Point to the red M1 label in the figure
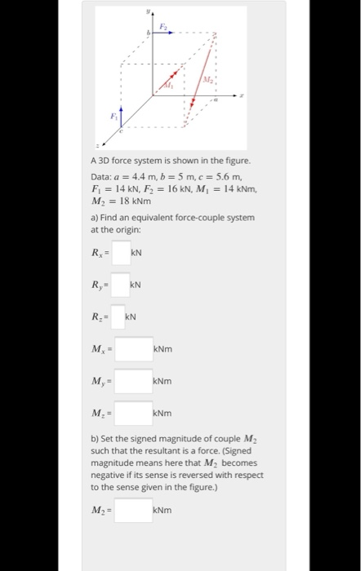pyautogui.click(x=171, y=86)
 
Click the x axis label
pyautogui.click(x=243, y=95)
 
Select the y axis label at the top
pyautogui.click(x=149, y=11)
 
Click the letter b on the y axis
pyautogui.click(x=147, y=33)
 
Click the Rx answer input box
pyautogui.click(x=122, y=253)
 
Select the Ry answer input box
pyautogui.click(x=121, y=285)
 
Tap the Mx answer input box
pyautogui.click(x=134, y=350)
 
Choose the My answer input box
pyautogui.click(x=134, y=382)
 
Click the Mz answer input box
pyautogui.click(x=134, y=414)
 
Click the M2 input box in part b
pyautogui.click(x=134, y=511)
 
